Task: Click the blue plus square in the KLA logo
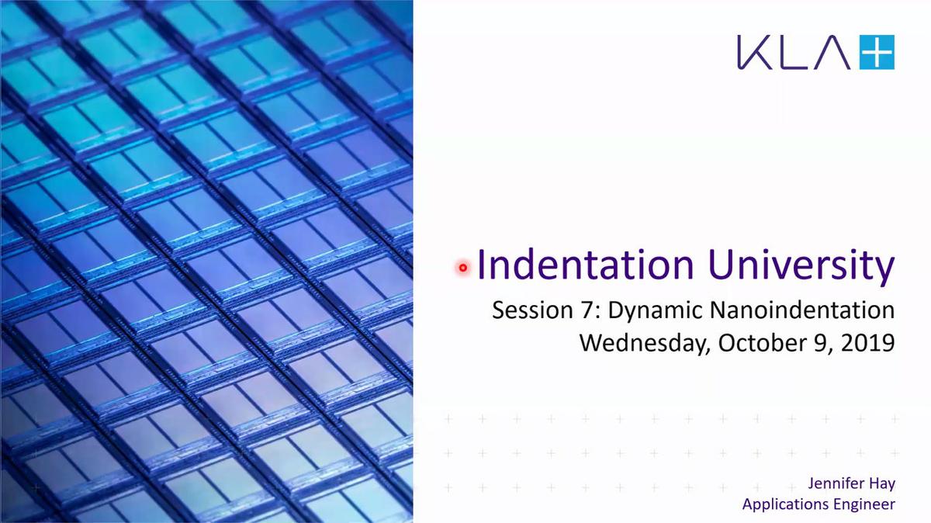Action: pyautogui.click(x=877, y=53)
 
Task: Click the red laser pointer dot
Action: pyautogui.click(x=463, y=268)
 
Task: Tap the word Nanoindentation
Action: pyautogui.click(x=801, y=310)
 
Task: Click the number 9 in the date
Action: pyautogui.click(x=814, y=342)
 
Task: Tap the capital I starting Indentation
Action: pyautogui.click(x=482, y=265)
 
